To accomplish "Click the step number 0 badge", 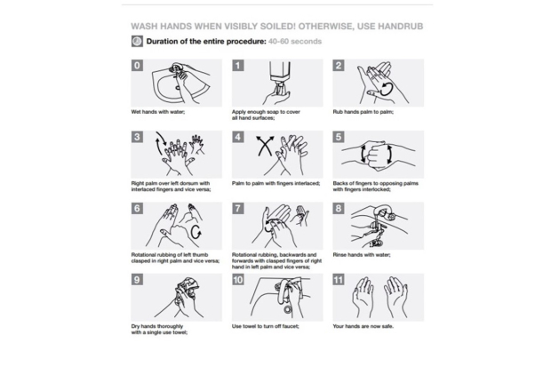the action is [x=137, y=66].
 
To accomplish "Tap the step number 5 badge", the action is [x=339, y=137].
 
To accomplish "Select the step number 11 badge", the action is [x=339, y=280].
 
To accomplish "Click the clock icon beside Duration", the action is [x=137, y=41].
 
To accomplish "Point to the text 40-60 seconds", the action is [x=295, y=41].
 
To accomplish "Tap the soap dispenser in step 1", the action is [x=280, y=77].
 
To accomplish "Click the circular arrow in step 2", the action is [x=387, y=89].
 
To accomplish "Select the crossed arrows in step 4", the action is [x=265, y=146].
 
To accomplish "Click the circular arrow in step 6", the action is [x=196, y=232].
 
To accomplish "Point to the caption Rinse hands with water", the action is [x=362, y=255].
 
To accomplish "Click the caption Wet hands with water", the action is [x=158, y=112].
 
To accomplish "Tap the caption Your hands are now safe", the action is [x=363, y=326].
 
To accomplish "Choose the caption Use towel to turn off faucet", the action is [x=266, y=326].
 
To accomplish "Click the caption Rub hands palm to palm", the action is [x=363, y=112].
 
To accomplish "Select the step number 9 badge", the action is [x=137, y=280].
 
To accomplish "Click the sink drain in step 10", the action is [x=288, y=309].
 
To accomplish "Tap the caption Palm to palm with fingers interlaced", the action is [x=275, y=183].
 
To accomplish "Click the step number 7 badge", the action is [x=238, y=209].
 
